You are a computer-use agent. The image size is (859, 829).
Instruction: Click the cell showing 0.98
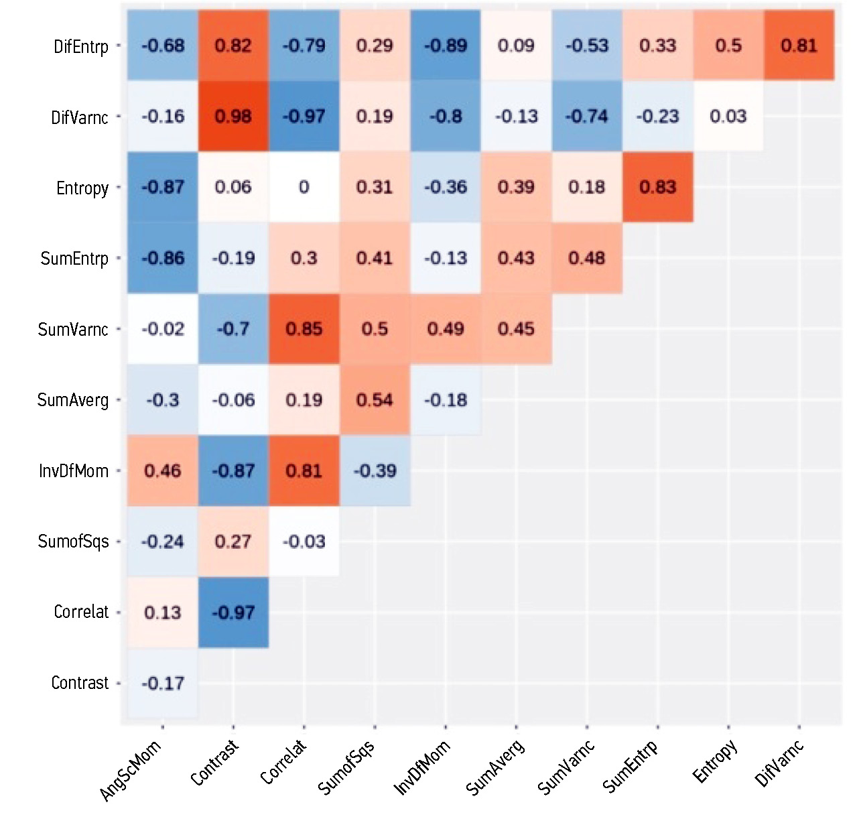pyautogui.click(x=233, y=117)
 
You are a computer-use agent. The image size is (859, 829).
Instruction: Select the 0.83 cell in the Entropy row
pyautogui.click(x=657, y=187)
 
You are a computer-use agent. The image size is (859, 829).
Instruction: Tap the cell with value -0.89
pyautogui.click(x=446, y=46)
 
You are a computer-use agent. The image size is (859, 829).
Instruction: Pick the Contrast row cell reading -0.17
pyautogui.click(x=163, y=683)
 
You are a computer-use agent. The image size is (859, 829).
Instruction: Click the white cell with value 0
pyautogui.click(x=304, y=187)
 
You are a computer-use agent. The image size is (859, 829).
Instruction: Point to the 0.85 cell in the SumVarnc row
pyautogui.click(x=304, y=329)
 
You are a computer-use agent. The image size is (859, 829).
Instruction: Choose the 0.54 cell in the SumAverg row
pyautogui.click(x=375, y=400)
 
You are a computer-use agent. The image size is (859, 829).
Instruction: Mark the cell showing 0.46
pyautogui.click(x=163, y=470)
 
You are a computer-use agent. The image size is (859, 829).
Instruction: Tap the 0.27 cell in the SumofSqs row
pyautogui.click(x=233, y=541)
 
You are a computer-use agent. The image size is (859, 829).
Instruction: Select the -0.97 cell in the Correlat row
pyautogui.click(x=233, y=613)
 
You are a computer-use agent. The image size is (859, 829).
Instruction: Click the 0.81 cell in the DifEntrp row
pyautogui.click(x=799, y=46)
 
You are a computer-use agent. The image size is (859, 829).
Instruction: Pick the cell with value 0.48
pyautogui.click(x=587, y=258)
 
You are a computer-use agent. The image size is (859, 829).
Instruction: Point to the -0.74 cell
pyautogui.click(x=587, y=117)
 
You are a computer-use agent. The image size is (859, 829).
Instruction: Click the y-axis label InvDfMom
pyautogui.click(x=74, y=470)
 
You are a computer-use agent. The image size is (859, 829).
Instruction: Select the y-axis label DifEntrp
pyautogui.click(x=81, y=46)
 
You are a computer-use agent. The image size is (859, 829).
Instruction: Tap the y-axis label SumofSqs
pyautogui.click(x=73, y=541)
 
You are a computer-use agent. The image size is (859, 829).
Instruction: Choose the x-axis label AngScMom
pyautogui.click(x=131, y=771)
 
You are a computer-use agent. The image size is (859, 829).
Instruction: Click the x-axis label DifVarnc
pyautogui.click(x=779, y=764)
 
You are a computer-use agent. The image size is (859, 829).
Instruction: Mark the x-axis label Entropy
pyautogui.click(x=715, y=761)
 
